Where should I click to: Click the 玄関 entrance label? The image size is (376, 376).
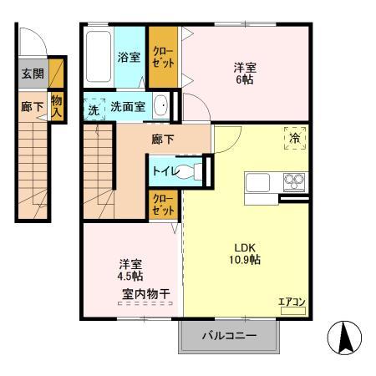(33, 74)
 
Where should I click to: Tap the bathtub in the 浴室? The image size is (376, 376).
(99, 57)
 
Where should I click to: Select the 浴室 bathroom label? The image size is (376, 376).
(129, 57)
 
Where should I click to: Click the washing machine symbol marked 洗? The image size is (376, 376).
(94, 109)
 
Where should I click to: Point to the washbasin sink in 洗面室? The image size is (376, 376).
(160, 106)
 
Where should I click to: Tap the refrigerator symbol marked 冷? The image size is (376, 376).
(295, 138)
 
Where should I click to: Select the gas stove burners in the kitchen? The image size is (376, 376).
(294, 182)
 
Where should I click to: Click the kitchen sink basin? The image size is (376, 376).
(257, 182)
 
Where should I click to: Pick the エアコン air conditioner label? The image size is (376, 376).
(292, 302)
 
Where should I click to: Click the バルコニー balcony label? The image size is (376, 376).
(229, 336)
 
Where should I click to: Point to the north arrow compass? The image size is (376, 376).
(345, 338)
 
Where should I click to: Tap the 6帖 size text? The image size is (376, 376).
(245, 80)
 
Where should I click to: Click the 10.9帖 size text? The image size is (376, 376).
(245, 260)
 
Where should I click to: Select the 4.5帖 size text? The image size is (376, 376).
(130, 276)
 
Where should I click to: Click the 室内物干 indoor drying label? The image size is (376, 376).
(145, 294)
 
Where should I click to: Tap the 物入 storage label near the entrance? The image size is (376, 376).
(57, 106)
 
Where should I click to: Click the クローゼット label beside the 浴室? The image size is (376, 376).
(163, 57)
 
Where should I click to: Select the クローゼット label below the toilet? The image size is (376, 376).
(164, 205)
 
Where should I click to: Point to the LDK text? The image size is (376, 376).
(245, 247)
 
